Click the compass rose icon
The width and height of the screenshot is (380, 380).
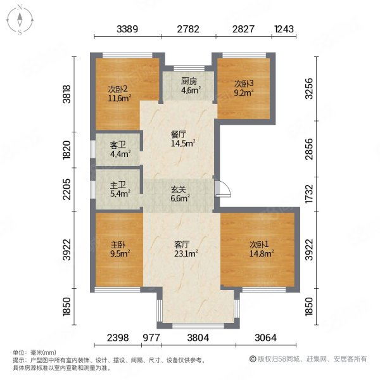[x=20, y=20]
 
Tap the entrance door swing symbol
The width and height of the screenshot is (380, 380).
[x=223, y=189]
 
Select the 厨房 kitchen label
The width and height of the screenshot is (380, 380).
[x=189, y=82]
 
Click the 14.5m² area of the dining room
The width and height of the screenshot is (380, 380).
[x=183, y=143]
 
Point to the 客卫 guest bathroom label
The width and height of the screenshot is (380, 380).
[x=118, y=145]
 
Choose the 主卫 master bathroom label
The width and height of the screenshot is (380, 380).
[x=118, y=186]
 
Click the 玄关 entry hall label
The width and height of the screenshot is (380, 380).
[x=179, y=190]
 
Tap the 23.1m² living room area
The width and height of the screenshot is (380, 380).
[x=186, y=253]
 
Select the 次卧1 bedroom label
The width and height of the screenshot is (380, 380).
[x=259, y=244]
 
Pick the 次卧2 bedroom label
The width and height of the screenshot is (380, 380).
[x=118, y=89]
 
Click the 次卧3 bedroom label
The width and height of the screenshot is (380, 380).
[x=244, y=84]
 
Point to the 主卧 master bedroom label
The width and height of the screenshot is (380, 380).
[x=118, y=244]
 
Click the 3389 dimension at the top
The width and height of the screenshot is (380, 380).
[x=127, y=29]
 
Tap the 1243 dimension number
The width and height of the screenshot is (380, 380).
[x=284, y=29]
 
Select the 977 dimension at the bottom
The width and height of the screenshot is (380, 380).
[x=151, y=338]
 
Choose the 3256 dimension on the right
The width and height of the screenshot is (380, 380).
[x=309, y=89]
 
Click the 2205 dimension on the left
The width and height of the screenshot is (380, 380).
[x=66, y=189]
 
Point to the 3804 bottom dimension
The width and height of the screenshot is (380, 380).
[x=198, y=338]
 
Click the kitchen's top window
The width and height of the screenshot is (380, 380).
[x=189, y=68]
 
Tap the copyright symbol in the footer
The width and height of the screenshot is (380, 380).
[x=253, y=358]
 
